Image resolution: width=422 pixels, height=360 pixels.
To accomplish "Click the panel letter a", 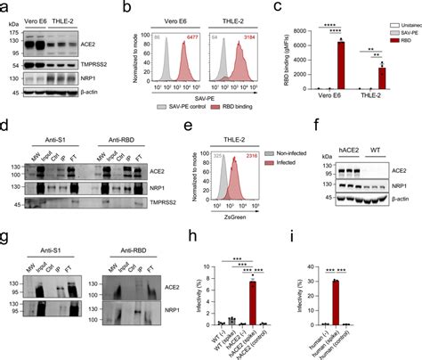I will [6, 7].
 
